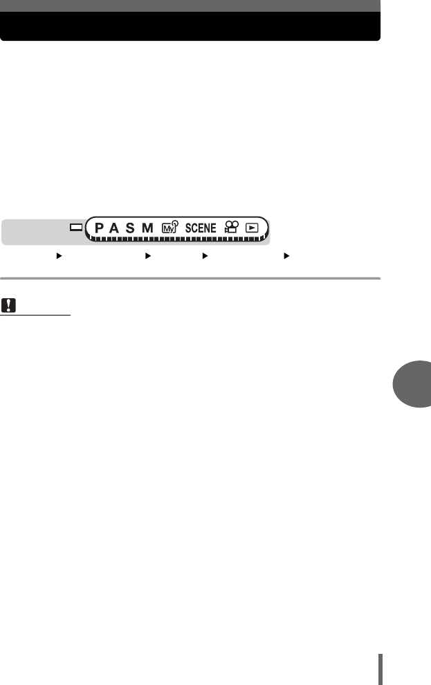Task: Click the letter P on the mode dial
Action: click(99, 228)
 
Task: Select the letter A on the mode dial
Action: click(114, 228)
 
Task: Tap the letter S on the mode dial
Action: click(130, 228)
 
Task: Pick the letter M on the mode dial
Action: click(147, 228)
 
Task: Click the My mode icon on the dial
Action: click(170, 227)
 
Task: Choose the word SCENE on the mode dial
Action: click(201, 228)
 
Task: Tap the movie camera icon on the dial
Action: click(232, 227)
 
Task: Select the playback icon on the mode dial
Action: click(252, 228)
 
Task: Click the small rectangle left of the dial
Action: click(76, 227)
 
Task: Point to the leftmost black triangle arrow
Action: click(59, 256)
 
